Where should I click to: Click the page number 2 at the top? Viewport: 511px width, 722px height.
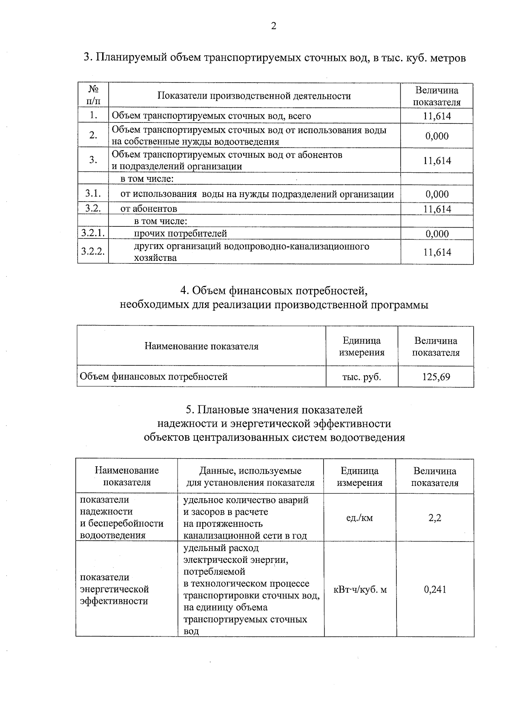click(273, 26)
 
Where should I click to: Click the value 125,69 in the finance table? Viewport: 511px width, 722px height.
click(436, 377)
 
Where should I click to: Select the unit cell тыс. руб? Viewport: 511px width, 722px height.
click(362, 377)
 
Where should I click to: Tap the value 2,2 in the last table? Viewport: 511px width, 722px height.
click(435, 518)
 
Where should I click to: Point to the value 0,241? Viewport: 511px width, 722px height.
click(435, 589)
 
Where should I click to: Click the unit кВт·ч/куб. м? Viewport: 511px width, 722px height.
click(360, 589)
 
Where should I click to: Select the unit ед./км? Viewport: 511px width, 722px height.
click(360, 518)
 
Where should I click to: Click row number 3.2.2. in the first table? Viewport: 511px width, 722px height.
click(93, 251)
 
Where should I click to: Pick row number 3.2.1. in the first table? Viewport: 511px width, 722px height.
click(93, 233)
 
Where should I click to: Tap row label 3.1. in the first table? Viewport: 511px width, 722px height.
click(92, 194)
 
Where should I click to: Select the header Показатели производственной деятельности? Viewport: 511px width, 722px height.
click(254, 96)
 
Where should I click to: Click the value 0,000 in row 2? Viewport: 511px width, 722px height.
click(437, 136)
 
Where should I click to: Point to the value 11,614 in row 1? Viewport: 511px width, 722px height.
click(437, 116)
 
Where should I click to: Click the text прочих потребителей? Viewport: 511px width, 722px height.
click(181, 233)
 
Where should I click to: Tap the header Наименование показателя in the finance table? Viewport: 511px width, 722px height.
click(201, 346)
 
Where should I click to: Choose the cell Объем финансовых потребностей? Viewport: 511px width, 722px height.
click(154, 377)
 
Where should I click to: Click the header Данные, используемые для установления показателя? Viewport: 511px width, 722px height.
click(250, 477)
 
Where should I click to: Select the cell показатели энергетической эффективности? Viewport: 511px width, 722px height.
click(115, 589)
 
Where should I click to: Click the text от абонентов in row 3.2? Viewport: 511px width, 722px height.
click(149, 208)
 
